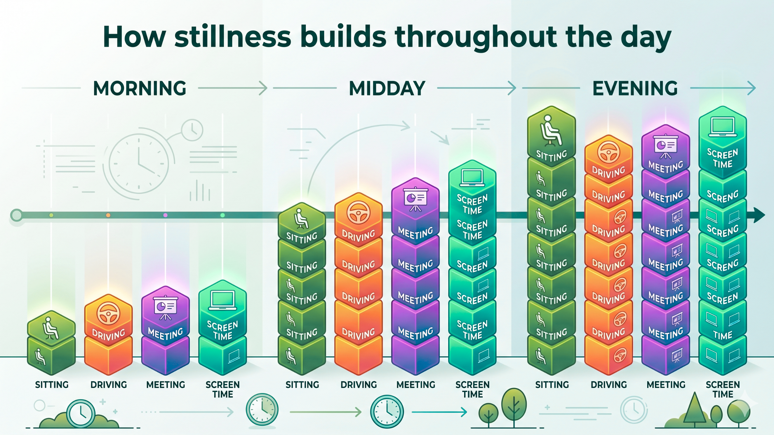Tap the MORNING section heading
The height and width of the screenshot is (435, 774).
140,88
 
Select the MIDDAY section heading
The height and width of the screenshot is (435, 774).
387,88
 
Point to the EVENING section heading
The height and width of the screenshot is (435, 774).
635,88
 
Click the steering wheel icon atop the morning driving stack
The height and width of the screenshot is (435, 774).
108,314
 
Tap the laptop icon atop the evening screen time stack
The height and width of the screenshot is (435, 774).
723,126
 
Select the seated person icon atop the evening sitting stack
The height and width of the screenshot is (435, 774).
551,130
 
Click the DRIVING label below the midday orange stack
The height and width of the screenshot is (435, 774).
359,385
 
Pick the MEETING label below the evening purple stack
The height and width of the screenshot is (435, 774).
666,385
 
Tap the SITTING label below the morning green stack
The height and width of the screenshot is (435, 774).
52,385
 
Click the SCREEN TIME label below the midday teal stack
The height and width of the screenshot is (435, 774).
472,389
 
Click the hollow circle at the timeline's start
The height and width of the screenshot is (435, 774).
16,215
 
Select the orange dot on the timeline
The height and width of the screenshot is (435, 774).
108,215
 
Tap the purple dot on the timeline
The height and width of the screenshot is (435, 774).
166,215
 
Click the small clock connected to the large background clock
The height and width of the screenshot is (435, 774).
192,130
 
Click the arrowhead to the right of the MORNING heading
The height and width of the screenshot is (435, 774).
263,88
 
